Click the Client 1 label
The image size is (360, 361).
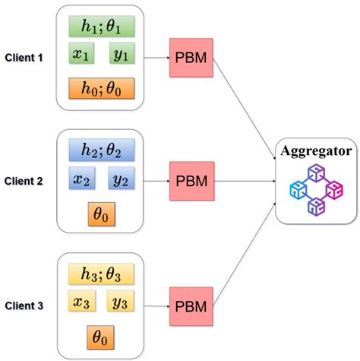point(24,57)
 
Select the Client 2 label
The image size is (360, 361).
point(24,182)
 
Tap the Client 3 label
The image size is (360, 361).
point(24,306)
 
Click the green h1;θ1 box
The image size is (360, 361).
point(101,27)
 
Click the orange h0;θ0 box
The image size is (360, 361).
point(101,88)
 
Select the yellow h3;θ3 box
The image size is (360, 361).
point(101,273)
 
